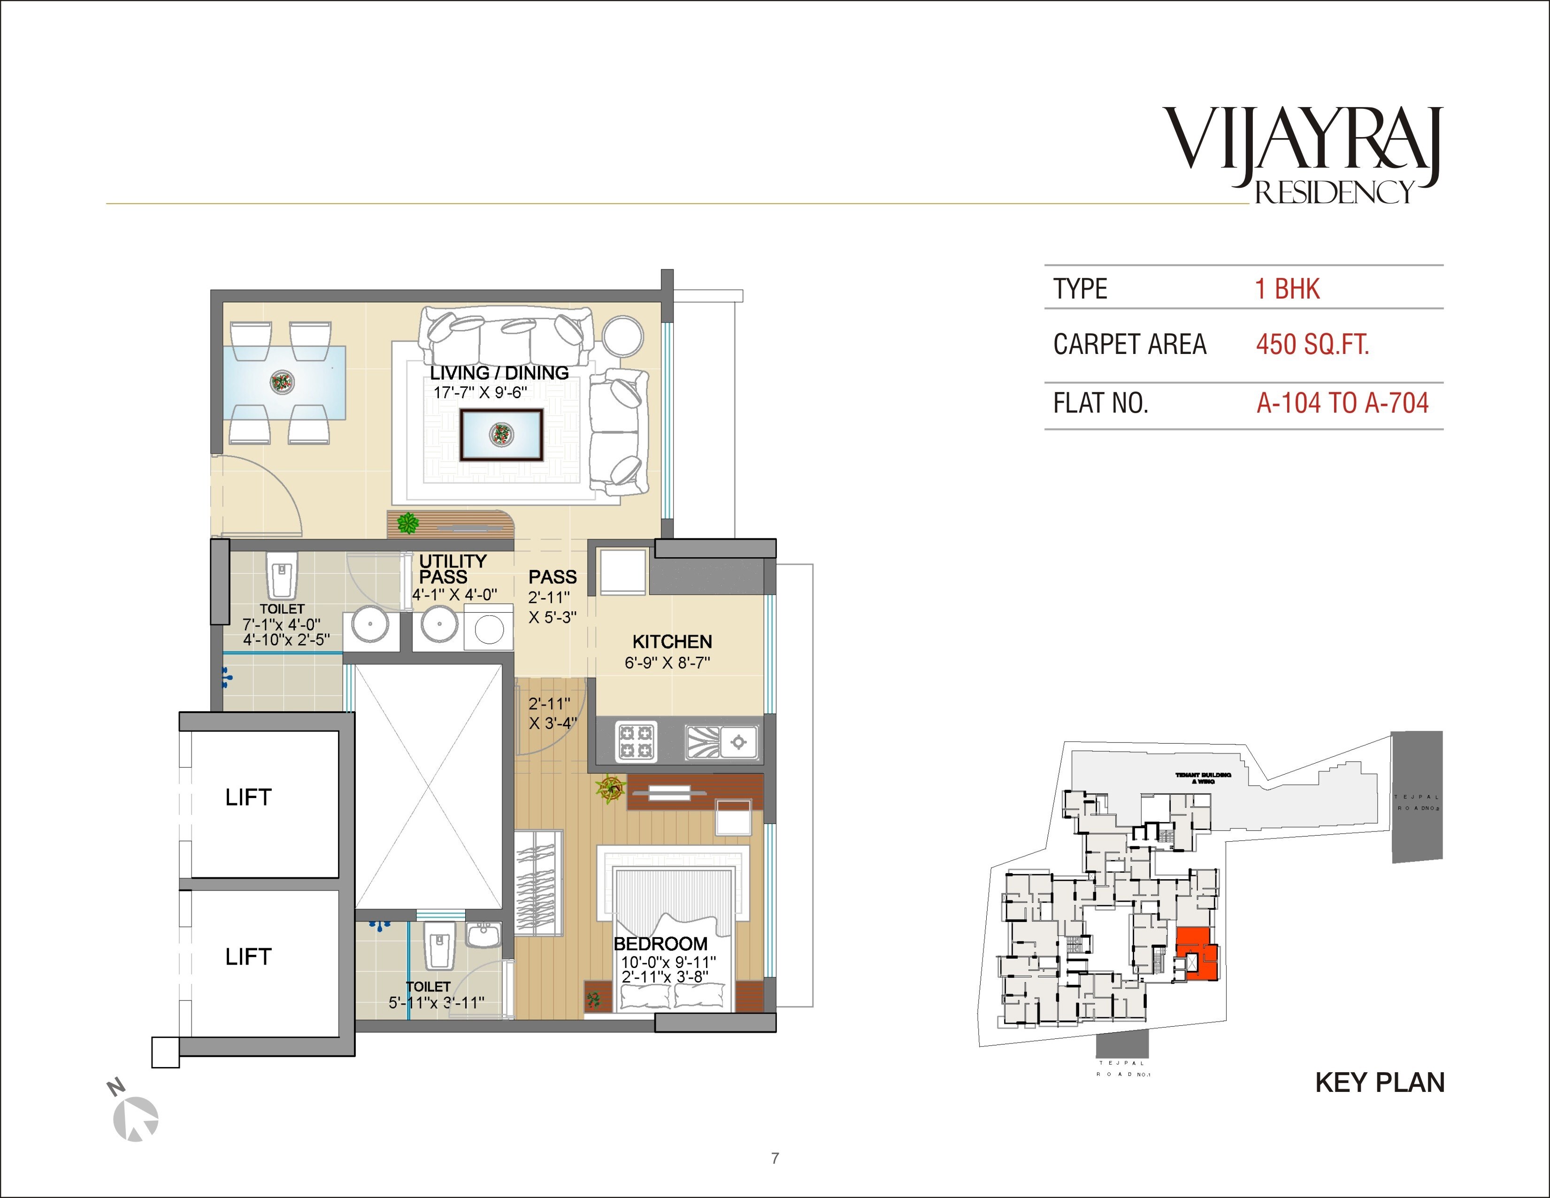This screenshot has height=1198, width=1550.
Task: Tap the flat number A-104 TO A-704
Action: pos(1342,403)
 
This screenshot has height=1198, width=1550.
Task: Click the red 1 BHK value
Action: pos(1287,289)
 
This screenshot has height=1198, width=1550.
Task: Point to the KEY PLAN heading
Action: pos(1379,1083)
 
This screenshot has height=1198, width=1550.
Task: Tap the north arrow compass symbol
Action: pos(136,1119)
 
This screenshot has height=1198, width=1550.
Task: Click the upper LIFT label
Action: pos(248,798)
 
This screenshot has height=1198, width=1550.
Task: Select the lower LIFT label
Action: pos(248,957)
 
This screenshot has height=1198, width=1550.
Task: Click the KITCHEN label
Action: pos(671,642)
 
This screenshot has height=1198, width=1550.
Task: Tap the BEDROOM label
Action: pos(660,944)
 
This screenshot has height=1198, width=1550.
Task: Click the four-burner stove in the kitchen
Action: pos(635,740)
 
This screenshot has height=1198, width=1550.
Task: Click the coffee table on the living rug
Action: pos(501,434)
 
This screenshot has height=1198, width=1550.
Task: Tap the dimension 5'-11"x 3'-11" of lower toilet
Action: pos(436,1002)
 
